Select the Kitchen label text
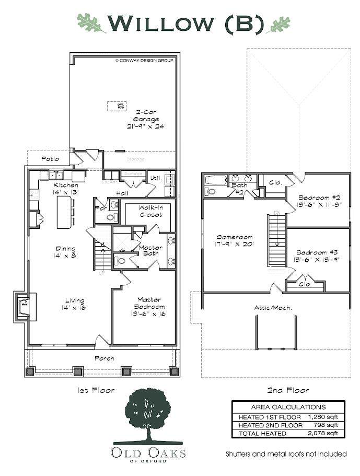[x=66, y=188]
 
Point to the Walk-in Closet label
[x=150, y=211]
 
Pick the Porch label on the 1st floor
[x=104, y=358]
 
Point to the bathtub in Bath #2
[x=215, y=180]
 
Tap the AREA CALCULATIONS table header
[x=288, y=407]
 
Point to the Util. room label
[x=155, y=178]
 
